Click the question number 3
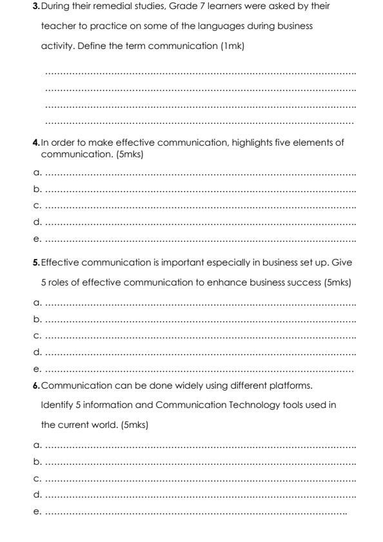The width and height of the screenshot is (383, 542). pyautogui.click(x=36, y=6)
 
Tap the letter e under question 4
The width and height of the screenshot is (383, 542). pyautogui.click(x=37, y=239)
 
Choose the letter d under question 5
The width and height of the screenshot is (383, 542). pyautogui.click(x=37, y=352)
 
